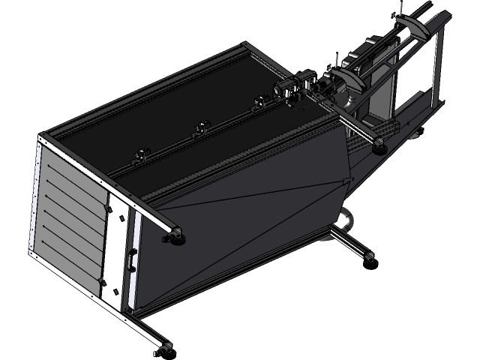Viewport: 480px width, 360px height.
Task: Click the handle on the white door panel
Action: (x=132, y=258)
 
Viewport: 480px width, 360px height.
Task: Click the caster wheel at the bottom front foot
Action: (x=166, y=348)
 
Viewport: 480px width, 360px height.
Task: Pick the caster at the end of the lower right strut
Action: (x=370, y=257)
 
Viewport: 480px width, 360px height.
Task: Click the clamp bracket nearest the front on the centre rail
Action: (x=139, y=155)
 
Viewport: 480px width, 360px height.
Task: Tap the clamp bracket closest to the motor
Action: (x=259, y=101)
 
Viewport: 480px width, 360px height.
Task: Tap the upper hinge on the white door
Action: (x=118, y=217)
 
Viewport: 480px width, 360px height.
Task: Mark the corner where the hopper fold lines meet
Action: (x=347, y=180)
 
